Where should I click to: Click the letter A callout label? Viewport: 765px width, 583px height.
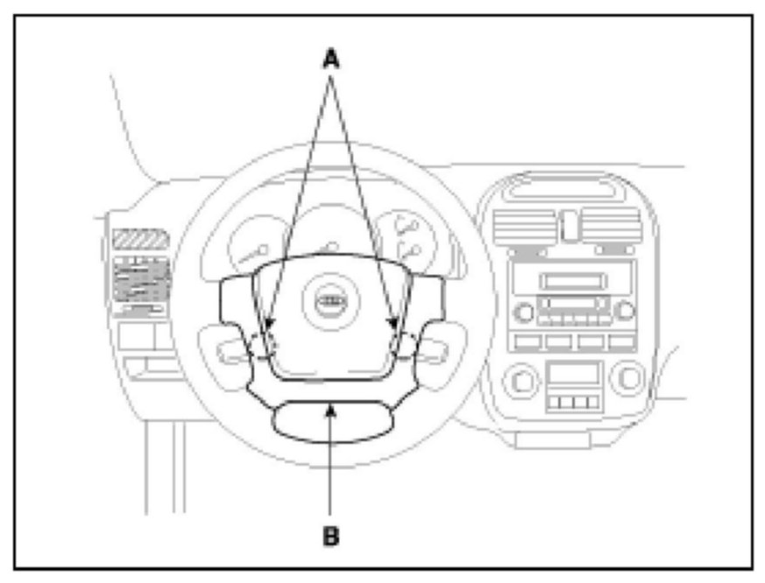click(330, 59)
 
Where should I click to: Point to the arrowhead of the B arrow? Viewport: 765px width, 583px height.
click(330, 404)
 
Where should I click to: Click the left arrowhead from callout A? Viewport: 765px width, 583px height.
click(270, 329)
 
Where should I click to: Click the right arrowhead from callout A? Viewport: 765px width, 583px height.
click(394, 329)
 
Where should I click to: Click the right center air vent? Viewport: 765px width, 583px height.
click(611, 227)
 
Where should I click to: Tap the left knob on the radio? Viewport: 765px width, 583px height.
click(525, 310)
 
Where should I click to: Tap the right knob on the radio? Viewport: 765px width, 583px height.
click(624, 310)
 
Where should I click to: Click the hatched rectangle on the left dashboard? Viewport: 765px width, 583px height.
click(140, 239)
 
